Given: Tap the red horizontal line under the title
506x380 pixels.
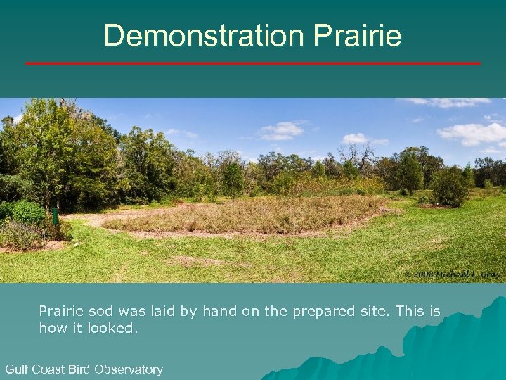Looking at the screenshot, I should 253,63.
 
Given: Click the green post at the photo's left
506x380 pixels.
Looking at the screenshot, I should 55,215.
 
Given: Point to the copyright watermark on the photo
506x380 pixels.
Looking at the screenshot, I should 451,273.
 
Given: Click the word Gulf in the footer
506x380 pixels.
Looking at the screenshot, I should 18,369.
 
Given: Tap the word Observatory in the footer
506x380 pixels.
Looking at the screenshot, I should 129,369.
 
